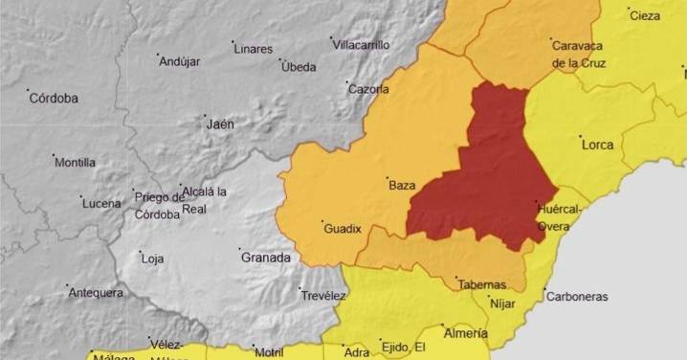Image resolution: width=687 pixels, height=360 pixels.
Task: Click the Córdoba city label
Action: point(54,99)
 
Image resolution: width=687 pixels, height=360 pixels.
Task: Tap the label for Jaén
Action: point(220,124)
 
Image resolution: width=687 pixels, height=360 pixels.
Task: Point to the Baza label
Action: point(401,185)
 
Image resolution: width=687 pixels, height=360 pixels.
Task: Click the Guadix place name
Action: point(343,229)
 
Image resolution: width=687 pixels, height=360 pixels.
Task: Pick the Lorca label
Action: point(597,145)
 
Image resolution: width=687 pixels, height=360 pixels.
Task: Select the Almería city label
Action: point(466,333)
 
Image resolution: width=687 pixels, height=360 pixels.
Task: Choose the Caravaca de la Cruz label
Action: point(580,54)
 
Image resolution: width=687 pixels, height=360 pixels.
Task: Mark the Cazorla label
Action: point(368,89)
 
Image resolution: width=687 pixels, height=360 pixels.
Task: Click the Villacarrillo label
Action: point(361,45)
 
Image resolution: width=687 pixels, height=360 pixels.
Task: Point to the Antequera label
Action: point(96,292)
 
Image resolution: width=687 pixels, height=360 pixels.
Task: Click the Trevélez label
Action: point(322,296)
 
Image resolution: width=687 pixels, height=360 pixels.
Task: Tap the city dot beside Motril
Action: point(254,347)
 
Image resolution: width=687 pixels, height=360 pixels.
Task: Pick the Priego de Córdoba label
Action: point(158,205)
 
